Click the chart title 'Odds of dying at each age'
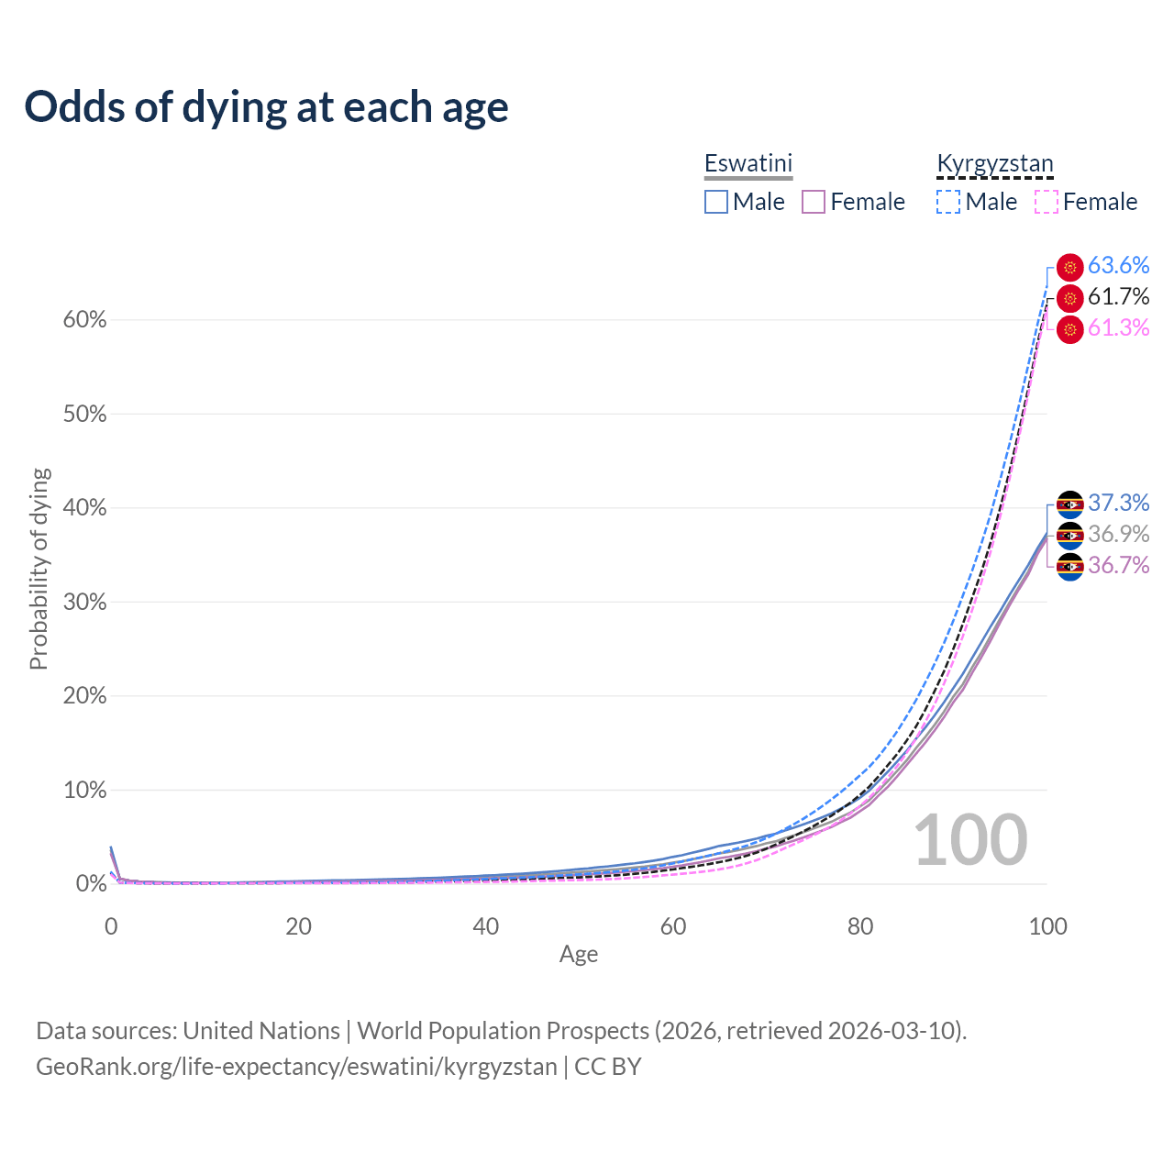[x=266, y=107]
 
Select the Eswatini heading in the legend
[x=748, y=163]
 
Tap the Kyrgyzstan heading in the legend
[x=994, y=164]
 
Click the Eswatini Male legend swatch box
[x=716, y=202]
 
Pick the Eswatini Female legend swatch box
[x=814, y=202]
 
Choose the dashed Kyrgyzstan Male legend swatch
[x=948, y=202]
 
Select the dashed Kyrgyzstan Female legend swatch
[x=1047, y=202]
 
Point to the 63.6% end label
[x=1118, y=265]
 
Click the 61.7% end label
[x=1118, y=296]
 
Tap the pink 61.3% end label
[x=1118, y=327]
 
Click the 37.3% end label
[x=1118, y=503]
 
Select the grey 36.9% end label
[x=1118, y=534]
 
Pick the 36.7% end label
[x=1118, y=565]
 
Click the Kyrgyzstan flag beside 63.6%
[x=1070, y=267]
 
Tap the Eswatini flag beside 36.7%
[x=1070, y=567]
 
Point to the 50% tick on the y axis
[x=84, y=415]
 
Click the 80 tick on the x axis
[x=860, y=926]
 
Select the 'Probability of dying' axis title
[x=39, y=569]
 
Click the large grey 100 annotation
[x=970, y=840]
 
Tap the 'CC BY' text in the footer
[x=607, y=1067]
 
